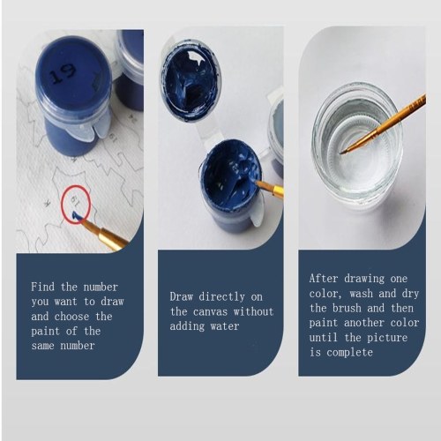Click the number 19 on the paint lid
point(63,74)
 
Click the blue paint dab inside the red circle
point(77,215)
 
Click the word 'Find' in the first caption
point(42,287)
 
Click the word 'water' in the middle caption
point(225,326)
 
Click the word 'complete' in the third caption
point(349,352)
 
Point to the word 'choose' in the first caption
point(71,317)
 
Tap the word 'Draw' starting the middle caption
point(181,296)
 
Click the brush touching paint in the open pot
point(269,188)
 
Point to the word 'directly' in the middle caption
point(221,296)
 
